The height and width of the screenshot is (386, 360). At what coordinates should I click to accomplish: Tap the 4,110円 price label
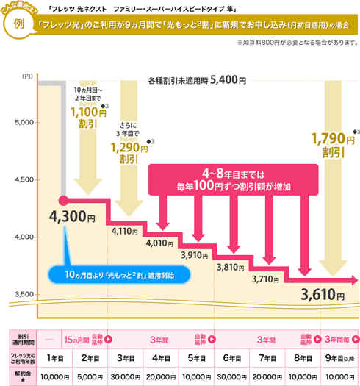[124, 230]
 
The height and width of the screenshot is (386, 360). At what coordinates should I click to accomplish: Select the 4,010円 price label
[159, 242]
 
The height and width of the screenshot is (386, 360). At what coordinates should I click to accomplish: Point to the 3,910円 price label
[196, 254]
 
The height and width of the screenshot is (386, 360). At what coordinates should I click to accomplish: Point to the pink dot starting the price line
[63, 199]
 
